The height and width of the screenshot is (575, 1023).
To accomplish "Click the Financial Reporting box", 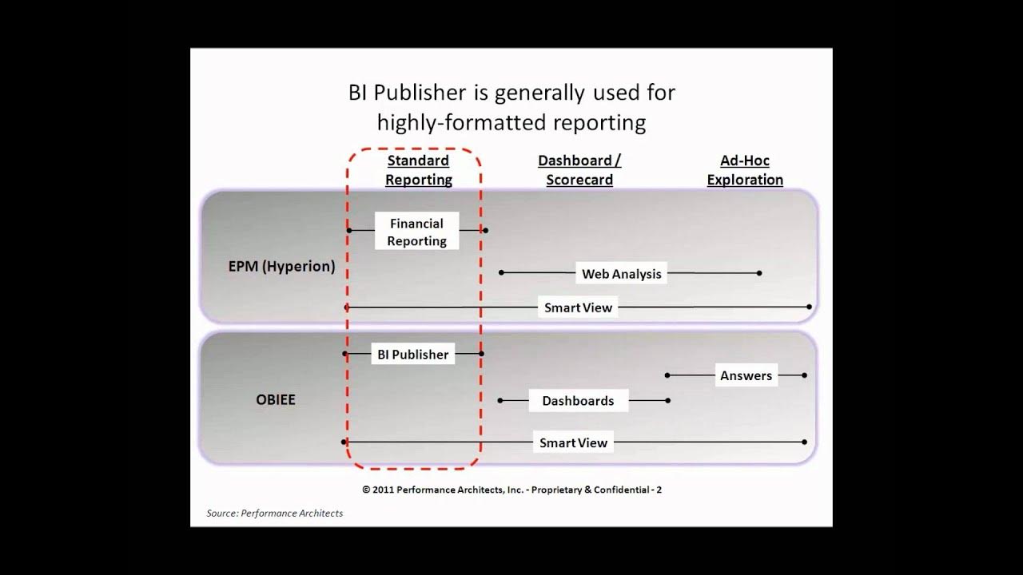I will point(416,232).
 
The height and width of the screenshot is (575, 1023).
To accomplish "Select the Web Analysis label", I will point(621,274).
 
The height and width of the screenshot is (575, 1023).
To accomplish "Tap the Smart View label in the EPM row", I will point(578,307).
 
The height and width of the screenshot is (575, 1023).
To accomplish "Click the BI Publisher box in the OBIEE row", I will point(413,355).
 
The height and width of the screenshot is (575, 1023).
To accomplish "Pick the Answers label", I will point(746,375).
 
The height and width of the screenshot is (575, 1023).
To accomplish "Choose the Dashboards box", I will point(578,401).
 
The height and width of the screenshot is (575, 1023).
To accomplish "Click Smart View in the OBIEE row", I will point(573,442).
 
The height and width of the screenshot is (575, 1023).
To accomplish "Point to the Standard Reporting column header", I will point(418,170).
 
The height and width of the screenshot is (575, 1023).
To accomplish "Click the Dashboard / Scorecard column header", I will point(579,170).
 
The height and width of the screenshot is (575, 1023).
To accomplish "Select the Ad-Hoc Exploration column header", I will point(745,170).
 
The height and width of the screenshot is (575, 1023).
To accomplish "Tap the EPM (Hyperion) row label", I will point(281,267).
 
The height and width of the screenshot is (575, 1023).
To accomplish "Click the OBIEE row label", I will point(276,399).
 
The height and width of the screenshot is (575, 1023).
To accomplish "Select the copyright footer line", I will point(511,490).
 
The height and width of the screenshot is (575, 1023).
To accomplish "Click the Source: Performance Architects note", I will point(274,514).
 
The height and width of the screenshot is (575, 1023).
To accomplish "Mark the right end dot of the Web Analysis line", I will point(759,273).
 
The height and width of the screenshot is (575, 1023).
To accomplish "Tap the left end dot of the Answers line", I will point(667,375).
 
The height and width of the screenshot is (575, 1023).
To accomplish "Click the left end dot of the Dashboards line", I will point(500,400).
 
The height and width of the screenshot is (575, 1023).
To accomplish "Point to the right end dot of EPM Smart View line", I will point(810,307).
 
